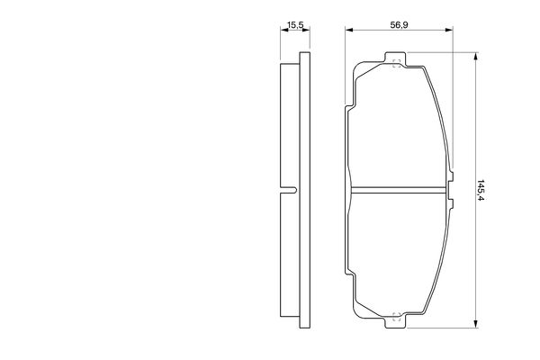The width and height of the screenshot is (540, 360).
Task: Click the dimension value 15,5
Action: pos(295,25)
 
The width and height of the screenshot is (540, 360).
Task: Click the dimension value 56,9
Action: pos(399,25)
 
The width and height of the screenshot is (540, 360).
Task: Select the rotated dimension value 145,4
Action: pos(481,190)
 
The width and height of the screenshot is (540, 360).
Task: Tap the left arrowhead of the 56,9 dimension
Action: pos(349,30)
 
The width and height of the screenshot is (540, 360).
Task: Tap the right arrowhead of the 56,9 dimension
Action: pos(449,30)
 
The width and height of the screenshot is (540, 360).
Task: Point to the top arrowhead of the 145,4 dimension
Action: pos(475,57)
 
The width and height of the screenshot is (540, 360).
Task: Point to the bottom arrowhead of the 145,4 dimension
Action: pos(475,323)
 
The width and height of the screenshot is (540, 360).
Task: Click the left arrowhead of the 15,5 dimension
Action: pos(284,30)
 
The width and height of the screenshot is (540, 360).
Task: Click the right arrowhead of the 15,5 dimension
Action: pos(306,30)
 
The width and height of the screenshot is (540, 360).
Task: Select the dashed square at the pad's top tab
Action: pos(396,63)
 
